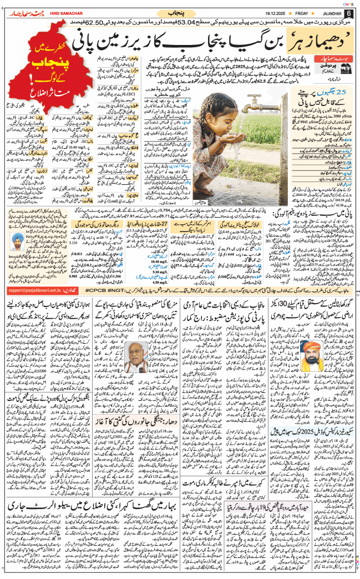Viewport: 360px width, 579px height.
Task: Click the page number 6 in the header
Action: (x=348, y=13)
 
